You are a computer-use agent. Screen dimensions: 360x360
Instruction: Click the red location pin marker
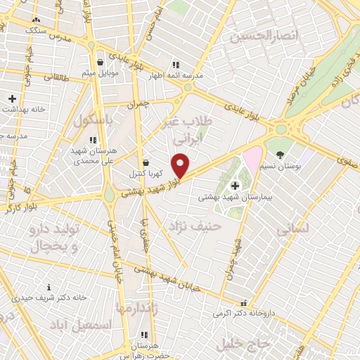[181, 165]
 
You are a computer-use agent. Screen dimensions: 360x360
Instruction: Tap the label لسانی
[291, 229]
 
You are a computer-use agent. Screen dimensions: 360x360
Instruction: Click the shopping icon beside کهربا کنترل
[146, 162]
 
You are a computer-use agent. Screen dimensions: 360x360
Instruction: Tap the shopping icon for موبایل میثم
[101, 62]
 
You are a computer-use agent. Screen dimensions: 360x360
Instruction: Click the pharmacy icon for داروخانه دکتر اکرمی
[243, 302]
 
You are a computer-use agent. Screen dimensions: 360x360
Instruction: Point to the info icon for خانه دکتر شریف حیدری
[49, 287]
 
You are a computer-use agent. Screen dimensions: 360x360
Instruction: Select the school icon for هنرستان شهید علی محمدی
[93, 141]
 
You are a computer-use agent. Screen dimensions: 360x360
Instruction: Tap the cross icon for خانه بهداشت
[12, 98]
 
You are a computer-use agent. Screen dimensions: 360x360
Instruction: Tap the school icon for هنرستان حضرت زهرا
[144, 335]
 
